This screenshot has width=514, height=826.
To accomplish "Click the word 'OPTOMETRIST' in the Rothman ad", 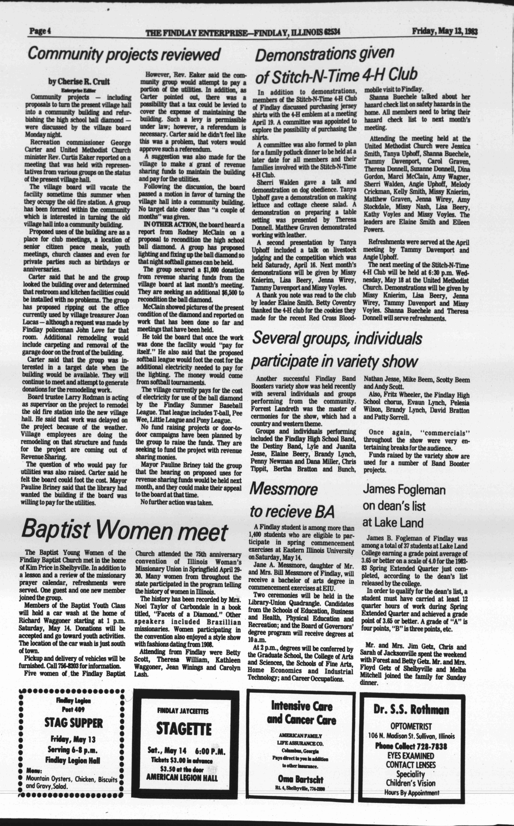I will pos(411,727).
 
